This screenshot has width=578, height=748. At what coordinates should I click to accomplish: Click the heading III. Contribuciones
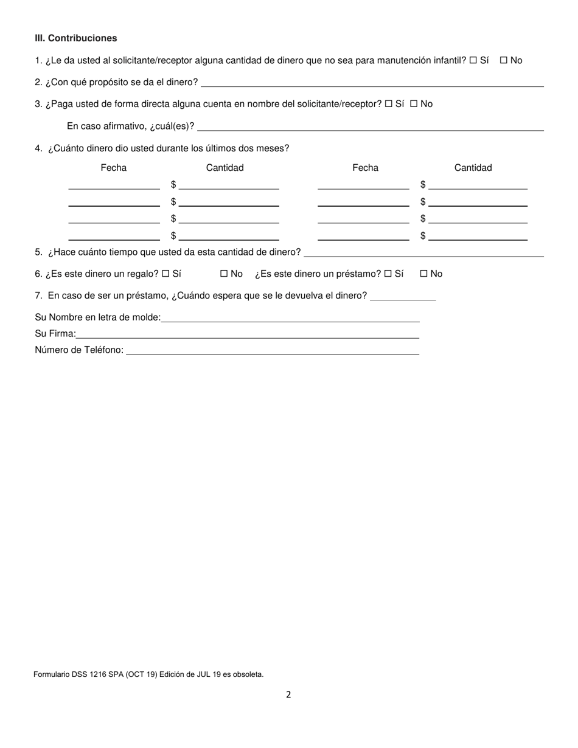click(75, 38)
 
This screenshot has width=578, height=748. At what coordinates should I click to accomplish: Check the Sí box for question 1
click(473, 61)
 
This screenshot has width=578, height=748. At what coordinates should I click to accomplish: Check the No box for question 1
click(504, 61)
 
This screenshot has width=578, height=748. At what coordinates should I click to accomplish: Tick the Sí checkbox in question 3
click(389, 104)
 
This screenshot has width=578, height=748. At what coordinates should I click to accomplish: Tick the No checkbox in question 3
click(414, 104)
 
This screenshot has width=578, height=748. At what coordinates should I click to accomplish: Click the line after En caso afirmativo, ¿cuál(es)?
click(371, 128)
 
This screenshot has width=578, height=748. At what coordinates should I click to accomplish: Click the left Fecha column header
click(114, 168)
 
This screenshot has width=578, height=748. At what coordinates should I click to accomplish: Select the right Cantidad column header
click(473, 168)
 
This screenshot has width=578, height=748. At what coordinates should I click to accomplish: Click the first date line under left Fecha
click(114, 186)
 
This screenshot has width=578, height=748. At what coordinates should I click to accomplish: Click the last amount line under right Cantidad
click(478, 237)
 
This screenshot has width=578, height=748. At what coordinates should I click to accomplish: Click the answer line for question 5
click(428, 254)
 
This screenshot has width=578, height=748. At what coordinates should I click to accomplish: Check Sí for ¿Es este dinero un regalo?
click(165, 274)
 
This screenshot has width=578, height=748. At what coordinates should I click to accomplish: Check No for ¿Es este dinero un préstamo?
click(424, 274)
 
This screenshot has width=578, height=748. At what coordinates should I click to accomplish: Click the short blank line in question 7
click(403, 297)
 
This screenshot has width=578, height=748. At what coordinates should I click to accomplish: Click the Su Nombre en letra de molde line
click(290, 319)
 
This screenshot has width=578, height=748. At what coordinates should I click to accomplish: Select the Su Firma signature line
click(248, 335)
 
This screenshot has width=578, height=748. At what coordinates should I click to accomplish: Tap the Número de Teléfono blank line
click(273, 351)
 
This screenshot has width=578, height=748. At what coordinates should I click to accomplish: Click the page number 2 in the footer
click(288, 694)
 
